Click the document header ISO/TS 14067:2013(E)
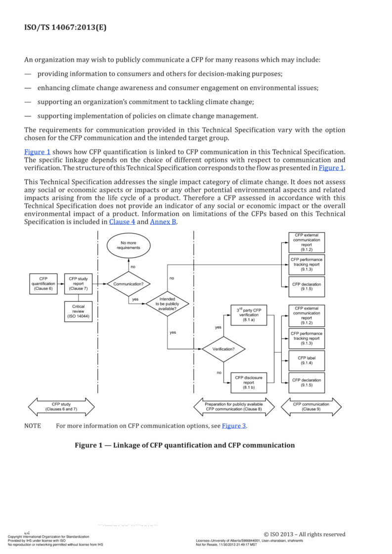click(65, 28)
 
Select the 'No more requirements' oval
click(129, 245)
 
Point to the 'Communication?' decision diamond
click(129, 284)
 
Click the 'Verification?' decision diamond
click(223, 349)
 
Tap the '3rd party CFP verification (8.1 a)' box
click(249, 315)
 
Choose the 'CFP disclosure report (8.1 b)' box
click(249, 382)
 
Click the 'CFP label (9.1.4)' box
click(306, 360)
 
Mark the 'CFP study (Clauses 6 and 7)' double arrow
click(61, 407)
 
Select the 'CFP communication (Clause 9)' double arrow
click(311, 407)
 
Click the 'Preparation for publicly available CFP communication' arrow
click(234, 407)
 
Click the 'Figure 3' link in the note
click(233, 426)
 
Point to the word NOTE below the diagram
click(33, 426)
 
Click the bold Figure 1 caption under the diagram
click(184, 445)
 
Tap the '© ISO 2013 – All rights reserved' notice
click(305, 534)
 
